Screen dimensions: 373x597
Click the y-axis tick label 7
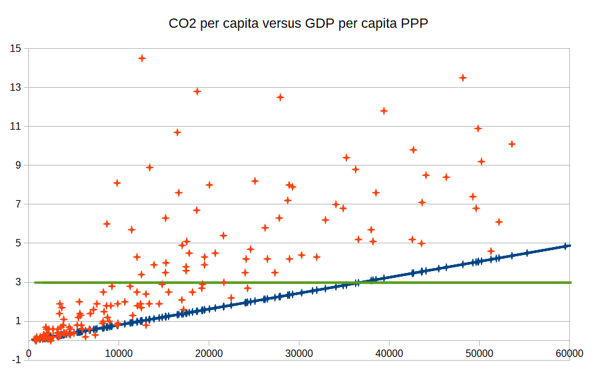click(19, 204)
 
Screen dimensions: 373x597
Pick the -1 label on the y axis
click(17, 359)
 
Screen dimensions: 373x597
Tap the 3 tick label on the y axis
click(19, 282)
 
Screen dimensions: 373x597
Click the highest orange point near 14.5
click(142, 58)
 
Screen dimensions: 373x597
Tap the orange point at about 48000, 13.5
click(462, 78)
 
